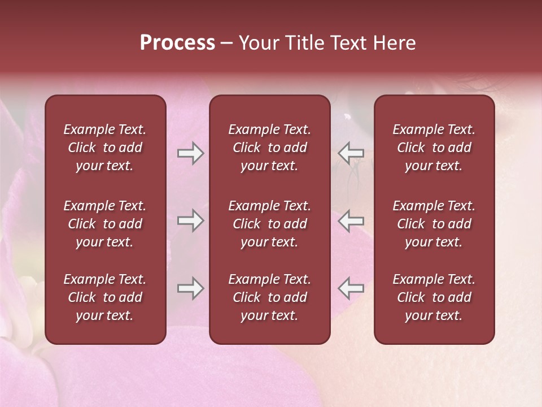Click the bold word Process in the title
tap(177, 43)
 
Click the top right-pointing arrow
tap(190, 153)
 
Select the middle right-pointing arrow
tap(190, 220)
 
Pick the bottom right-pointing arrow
tap(190, 288)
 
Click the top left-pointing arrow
tap(351, 153)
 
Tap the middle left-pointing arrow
tap(351, 220)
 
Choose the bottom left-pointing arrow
tap(351, 288)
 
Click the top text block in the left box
tap(105, 148)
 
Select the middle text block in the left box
tap(105, 224)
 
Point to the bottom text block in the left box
tap(105, 297)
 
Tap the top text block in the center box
tap(270, 148)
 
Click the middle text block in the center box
tap(270, 224)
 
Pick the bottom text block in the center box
tap(270, 297)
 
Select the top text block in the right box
tap(434, 148)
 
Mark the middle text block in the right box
tap(434, 224)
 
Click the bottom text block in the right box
tap(434, 297)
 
